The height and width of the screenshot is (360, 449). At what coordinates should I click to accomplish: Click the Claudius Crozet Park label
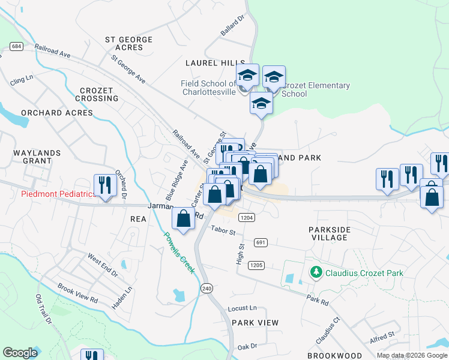click(364, 273)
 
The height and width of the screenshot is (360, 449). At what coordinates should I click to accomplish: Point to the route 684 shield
click(16, 46)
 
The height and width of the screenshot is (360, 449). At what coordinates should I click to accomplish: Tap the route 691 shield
click(260, 242)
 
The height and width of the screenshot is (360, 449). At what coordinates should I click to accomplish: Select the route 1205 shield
click(256, 265)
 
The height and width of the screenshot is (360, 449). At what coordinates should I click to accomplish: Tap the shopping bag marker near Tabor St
click(184, 218)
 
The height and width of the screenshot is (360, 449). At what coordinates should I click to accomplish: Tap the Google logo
click(20, 353)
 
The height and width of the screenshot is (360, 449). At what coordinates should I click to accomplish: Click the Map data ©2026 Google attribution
click(411, 355)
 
